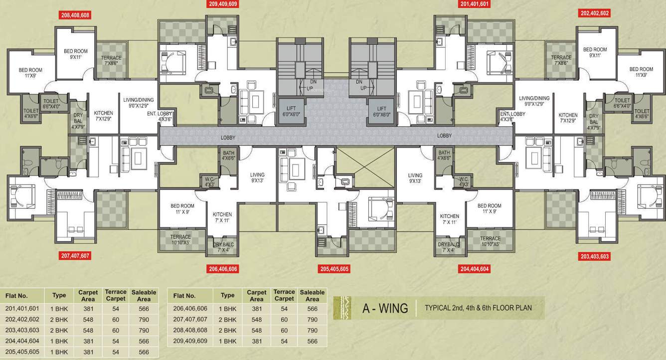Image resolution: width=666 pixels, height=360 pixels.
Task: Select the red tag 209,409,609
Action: (223, 4)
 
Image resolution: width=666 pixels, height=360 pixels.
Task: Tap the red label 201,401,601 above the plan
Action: (475, 4)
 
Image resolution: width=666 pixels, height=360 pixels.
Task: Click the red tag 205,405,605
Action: (334, 269)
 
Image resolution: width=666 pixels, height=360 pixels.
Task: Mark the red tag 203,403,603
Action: (595, 256)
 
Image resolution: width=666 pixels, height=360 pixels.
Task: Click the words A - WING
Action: (384, 308)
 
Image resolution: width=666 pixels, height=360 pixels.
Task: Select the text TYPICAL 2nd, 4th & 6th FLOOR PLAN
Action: (478, 308)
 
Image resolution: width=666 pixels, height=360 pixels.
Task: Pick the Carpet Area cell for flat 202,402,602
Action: (88, 320)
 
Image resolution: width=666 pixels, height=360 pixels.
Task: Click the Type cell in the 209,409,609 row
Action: (227, 341)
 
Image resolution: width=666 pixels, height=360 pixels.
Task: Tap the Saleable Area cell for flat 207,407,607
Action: (312, 320)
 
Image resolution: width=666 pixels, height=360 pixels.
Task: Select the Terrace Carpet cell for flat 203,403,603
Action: (115, 331)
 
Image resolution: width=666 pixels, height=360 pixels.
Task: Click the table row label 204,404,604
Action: (22, 342)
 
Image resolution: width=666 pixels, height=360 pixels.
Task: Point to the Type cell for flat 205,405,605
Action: (59, 352)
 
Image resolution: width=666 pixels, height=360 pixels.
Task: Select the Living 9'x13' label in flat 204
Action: (415, 179)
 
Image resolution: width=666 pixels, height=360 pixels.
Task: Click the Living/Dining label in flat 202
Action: (534, 102)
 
